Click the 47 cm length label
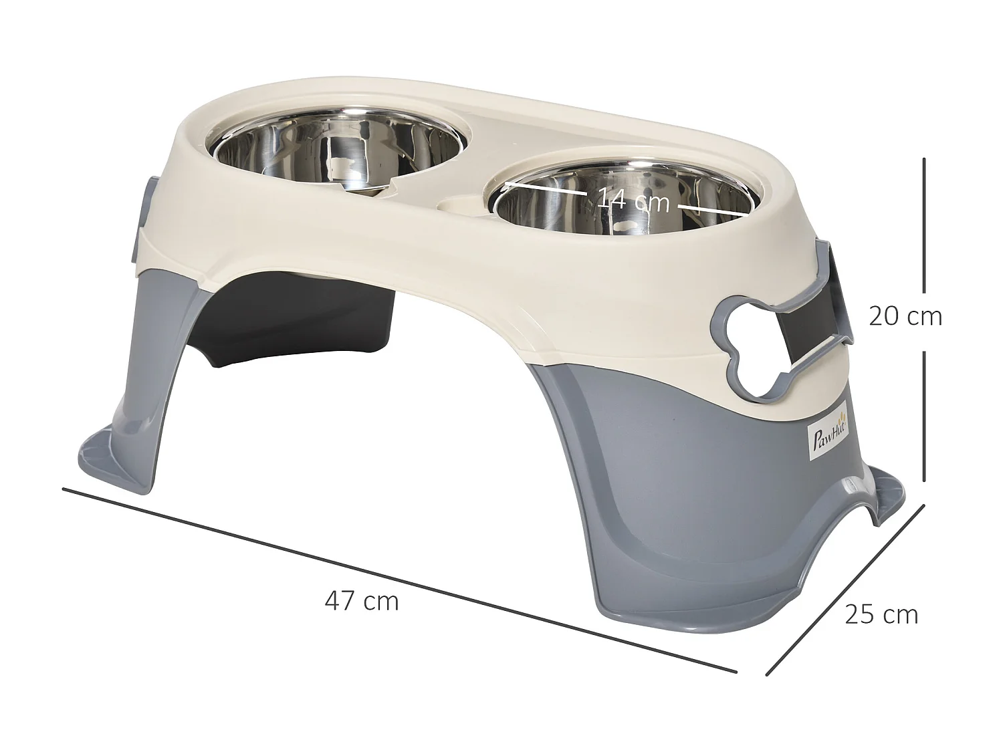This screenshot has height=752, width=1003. [362, 602]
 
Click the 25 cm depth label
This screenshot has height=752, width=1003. [881, 614]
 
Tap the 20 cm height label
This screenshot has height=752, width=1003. [905, 316]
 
